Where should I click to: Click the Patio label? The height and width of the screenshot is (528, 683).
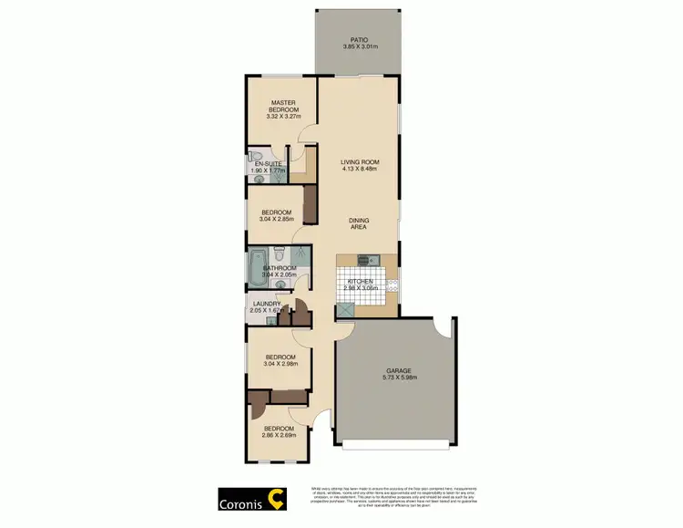pyautogui.click(x=360, y=40)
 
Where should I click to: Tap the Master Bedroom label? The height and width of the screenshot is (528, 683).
pyautogui.click(x=280, y=105)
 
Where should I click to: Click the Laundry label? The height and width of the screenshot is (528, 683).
pyautogui.click(x=266, y=305)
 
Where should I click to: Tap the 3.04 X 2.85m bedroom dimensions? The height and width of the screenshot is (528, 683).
pyautogui.click(x=277, y=220)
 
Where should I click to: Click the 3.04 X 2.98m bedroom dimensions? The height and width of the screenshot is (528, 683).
pyautogui.click(x=280, y=364)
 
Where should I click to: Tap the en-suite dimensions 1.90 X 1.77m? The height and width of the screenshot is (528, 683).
pyautogui.click(x=268, y=170)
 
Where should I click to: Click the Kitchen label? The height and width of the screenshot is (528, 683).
pyautogui.click(x=360, y=281)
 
